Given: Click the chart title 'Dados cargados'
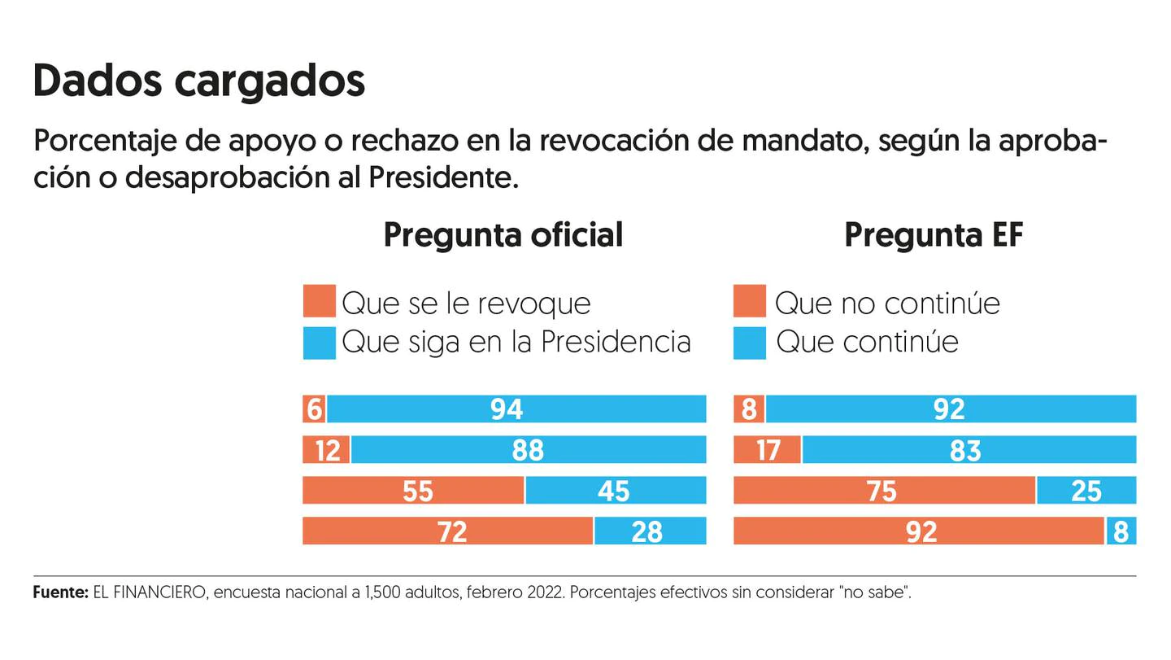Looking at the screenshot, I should coord(199,81).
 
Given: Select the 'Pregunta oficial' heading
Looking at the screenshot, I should coord(503,235).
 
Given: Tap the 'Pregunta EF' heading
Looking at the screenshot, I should coord(933,235).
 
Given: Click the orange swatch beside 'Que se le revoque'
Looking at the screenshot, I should coord(319,301).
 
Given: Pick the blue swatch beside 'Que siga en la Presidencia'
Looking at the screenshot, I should coord(319,342).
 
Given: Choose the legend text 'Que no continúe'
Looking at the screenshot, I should coord(887,303).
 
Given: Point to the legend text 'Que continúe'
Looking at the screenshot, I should coord(867,342).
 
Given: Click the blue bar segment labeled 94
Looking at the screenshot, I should coord(516,409).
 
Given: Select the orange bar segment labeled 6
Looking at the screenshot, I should coord(314,409).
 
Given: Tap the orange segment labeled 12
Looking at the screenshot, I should coord(326,449).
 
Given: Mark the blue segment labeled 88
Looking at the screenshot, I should coord(529,449).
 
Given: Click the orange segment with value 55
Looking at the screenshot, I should coord(413,490).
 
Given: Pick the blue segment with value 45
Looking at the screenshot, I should coord(616,490).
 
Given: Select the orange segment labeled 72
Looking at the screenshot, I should coord(447,531).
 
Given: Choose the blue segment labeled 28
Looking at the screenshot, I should coord(650,531).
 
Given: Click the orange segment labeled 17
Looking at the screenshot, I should coord(767,449).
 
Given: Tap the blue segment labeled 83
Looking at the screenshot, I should coord(969,449).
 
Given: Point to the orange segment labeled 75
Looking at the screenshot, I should coord(884,490).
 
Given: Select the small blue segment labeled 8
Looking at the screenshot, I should coord(1121,531).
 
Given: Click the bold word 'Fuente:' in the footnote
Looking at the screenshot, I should coord(60,592).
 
